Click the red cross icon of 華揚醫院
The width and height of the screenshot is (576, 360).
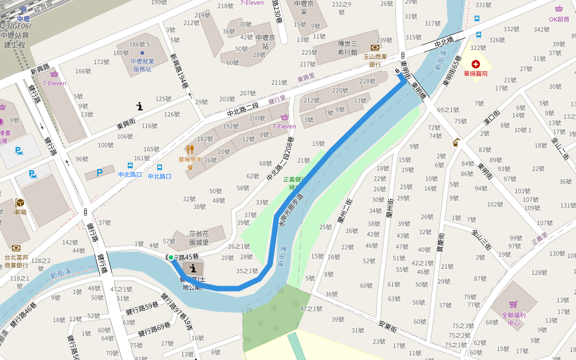click(x=476, y=64)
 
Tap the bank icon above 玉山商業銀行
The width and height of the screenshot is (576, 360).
click(x=375, y=47)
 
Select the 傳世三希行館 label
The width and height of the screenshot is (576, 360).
click(x=347, y=47)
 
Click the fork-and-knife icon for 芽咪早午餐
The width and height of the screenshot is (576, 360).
click(x=190, y=149)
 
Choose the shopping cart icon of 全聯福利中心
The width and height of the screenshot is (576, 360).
click(x=513, y=305)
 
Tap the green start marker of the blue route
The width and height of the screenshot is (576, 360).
click(x=171, y=257)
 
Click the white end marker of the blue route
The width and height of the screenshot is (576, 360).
click(x=397, y=71)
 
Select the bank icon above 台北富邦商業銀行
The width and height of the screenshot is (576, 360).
click(x=16, y=247)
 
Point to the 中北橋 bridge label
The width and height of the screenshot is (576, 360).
click(x=445, y=42)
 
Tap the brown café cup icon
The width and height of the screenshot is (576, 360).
click(x=456, y=142)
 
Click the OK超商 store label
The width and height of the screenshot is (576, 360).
click(x=559, y=19)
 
